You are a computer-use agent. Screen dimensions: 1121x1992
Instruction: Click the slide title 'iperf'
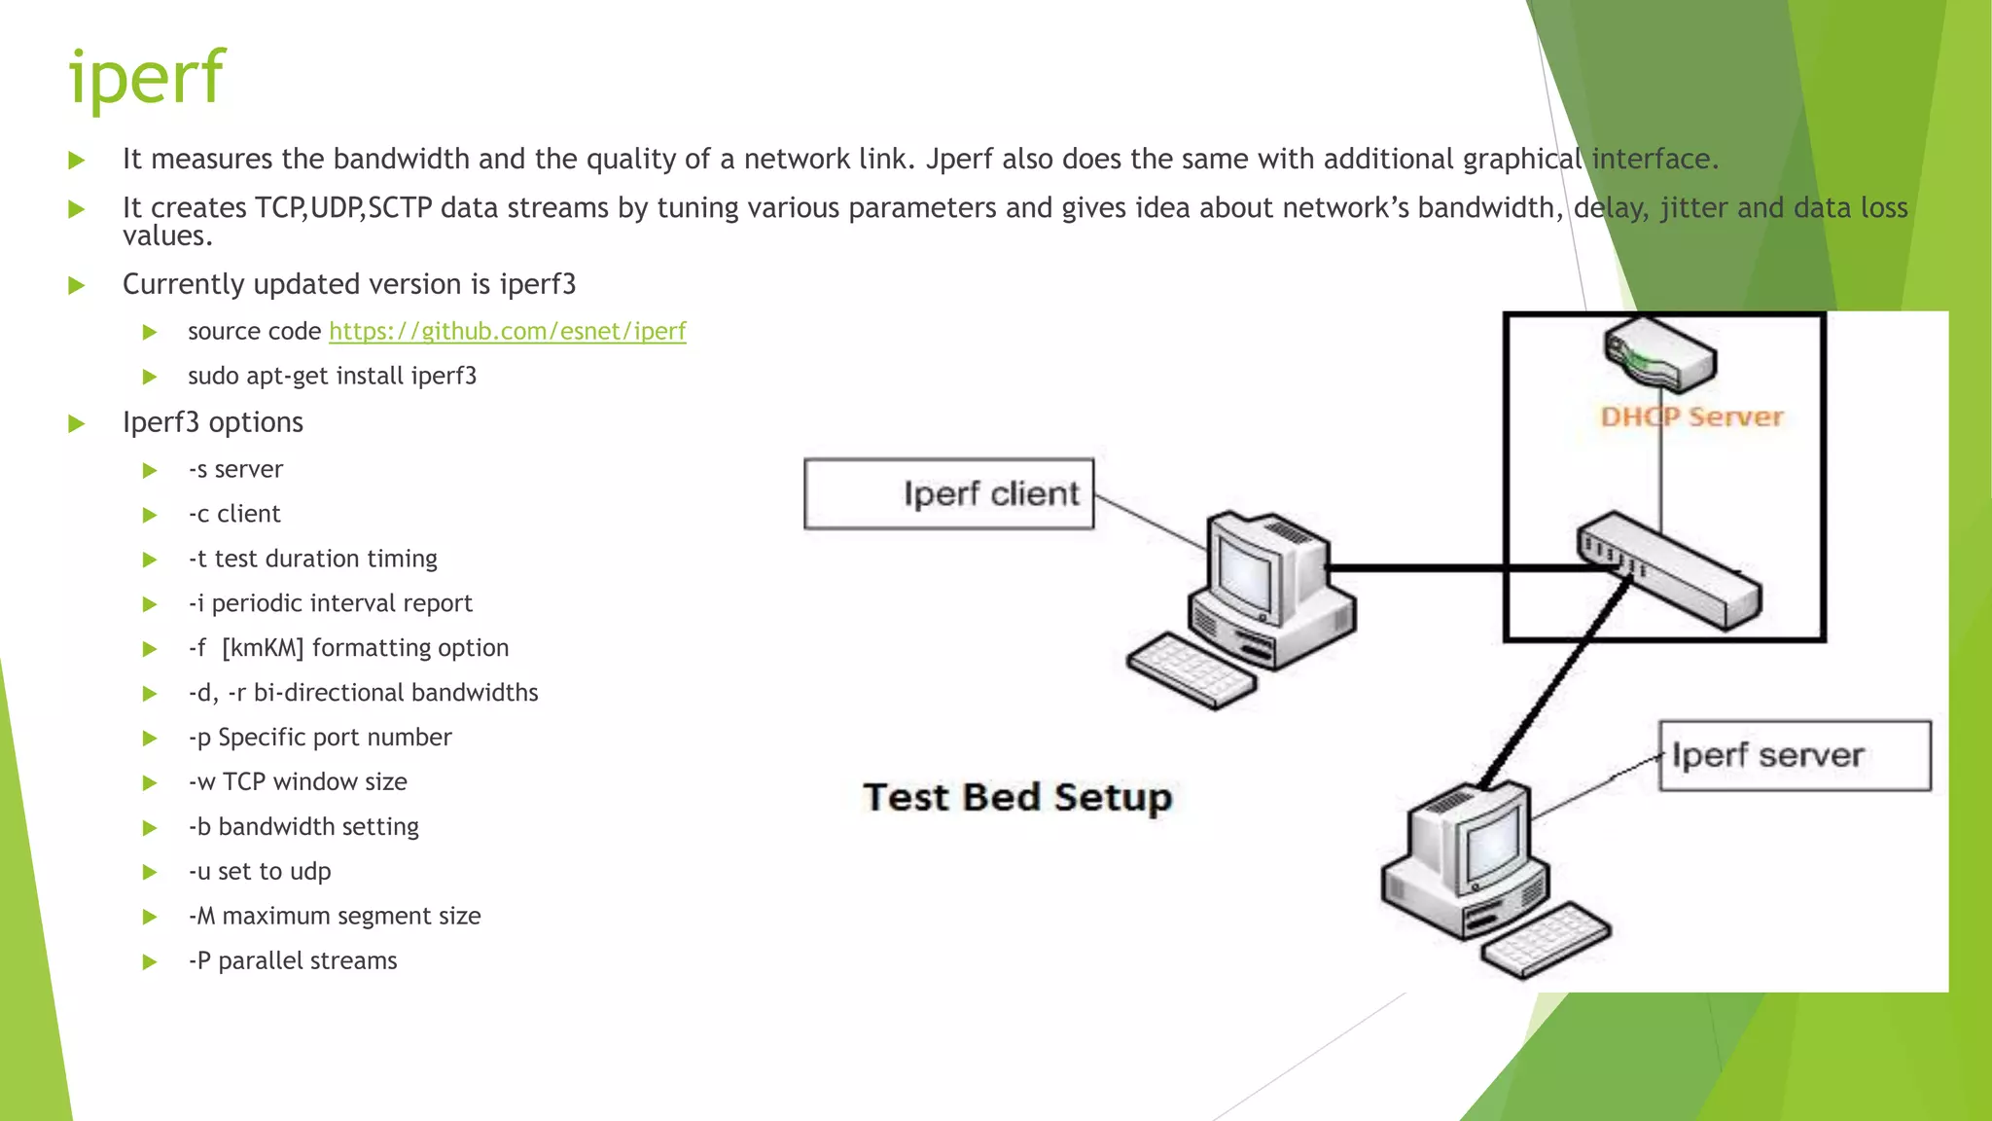point(146,78)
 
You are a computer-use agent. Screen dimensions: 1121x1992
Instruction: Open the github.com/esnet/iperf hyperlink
point(507,332)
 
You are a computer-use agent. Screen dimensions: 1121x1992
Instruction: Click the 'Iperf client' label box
point(948,493)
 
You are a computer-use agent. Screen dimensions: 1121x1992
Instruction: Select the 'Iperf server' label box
point(1794,755)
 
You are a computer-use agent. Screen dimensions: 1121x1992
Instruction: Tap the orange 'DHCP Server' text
point(1691,417)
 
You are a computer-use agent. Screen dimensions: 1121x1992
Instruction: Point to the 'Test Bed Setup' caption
point(1017,797)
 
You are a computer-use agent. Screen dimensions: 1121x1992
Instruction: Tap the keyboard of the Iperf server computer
point(1547,940)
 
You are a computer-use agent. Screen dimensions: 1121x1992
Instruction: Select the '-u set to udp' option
point(260,872)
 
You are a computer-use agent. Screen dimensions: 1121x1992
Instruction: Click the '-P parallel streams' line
point(293,961)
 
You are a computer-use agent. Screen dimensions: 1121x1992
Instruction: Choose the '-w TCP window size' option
point(298,782)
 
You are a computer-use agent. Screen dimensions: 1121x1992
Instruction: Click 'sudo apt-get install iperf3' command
point(332,377)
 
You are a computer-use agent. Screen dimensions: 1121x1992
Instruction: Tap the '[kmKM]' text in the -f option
point(263,648)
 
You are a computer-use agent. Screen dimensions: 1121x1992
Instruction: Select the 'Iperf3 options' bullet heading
point(213,423)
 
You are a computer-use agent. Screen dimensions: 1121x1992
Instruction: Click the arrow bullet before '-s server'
point(150,471)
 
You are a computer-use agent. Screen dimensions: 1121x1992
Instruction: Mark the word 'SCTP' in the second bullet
point(400,208)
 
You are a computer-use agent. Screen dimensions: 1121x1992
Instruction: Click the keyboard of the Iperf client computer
point(1192,671)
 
